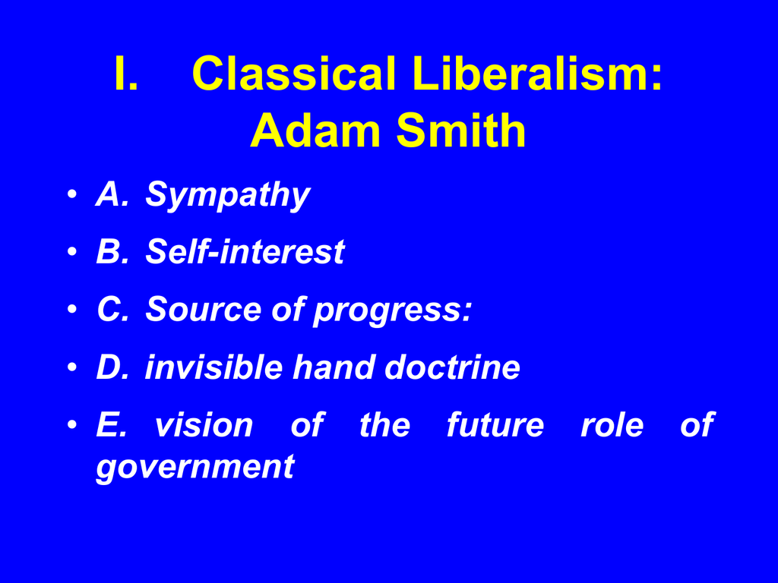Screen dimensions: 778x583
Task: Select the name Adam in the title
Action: [x=315, y=130]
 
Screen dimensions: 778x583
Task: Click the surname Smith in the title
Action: [x=461, y=130]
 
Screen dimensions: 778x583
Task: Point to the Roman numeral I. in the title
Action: [x=125, y=74]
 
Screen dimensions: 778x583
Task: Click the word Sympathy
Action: [x=227, y=195]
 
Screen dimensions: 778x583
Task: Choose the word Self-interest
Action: [x=245, y=251]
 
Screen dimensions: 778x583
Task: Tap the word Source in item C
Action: [x=203, y=309]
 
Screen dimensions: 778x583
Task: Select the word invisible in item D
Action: [x=213, y=367]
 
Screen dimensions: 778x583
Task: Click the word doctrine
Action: [x=452, y=367]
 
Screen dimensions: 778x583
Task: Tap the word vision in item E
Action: [x=204, y=425]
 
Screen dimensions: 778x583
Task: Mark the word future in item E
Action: [x=495, y=425]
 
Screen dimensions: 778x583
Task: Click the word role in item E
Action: [x=612, y=425]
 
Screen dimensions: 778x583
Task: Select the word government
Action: [x=195, y=468]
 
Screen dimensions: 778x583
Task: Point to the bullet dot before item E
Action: [x=72, y=425]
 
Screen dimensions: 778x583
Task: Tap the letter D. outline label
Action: [x=112, y=367]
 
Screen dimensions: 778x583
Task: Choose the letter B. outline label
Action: [x=112, y=251]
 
